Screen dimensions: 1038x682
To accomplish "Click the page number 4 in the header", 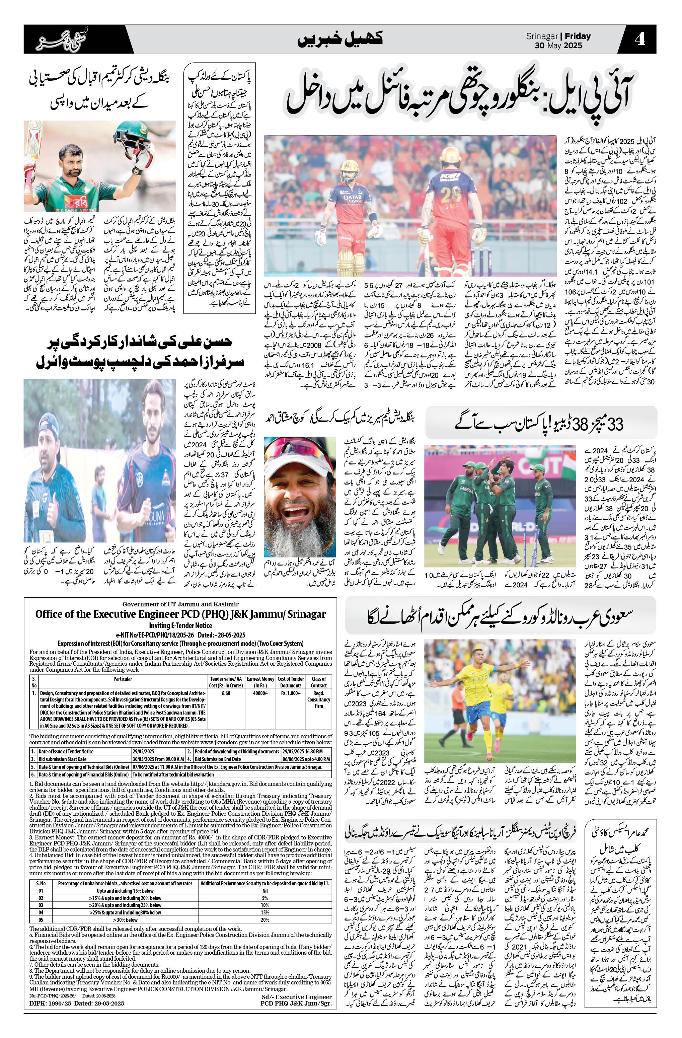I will click(x=639, y=40).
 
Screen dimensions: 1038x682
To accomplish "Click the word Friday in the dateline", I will click(x=578, y=36).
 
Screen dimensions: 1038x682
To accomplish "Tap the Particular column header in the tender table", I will click(x=123, y=679).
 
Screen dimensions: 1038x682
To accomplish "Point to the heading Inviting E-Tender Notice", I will click(x=180, y=626).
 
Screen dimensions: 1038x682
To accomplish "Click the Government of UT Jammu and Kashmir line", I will click(x=180, y=604).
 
